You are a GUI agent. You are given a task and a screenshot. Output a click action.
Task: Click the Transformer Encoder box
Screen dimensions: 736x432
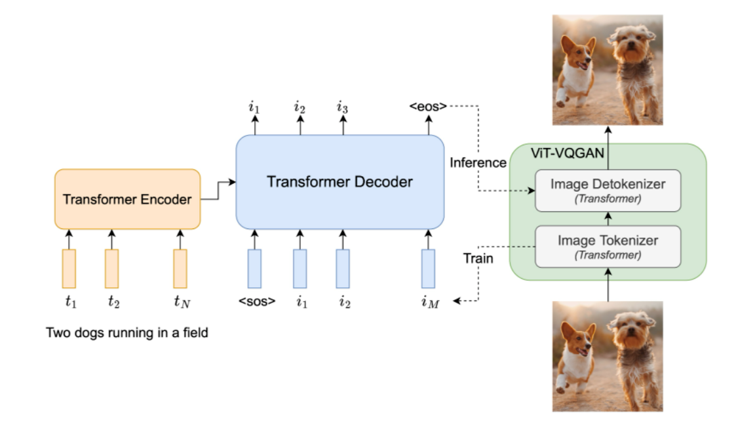tap(128, 199)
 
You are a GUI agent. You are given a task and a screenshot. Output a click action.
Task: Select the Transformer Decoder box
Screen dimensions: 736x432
tap(340, 182)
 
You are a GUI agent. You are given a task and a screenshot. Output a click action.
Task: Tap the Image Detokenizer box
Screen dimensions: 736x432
tap(608, 190)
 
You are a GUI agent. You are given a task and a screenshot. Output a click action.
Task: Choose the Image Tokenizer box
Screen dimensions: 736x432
tap(608, 247)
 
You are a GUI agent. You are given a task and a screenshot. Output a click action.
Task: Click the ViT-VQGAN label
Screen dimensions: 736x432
tap(567, 153)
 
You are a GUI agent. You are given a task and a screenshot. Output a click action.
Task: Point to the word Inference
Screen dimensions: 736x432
tap(478, 162)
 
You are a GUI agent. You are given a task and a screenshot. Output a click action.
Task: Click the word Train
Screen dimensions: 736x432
tap(478, 258)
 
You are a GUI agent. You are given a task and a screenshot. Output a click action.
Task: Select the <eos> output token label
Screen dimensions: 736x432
tap(427, 107)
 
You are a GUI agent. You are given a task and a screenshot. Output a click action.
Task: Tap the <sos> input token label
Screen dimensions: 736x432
tap(257, 301)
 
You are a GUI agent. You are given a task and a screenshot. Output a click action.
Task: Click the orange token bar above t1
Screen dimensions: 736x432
tap(69, 268)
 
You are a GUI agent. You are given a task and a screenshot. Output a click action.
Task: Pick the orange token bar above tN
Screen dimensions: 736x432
tap(180, 268)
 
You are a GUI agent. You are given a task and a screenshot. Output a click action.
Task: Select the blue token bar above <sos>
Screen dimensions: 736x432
tap(254, 268)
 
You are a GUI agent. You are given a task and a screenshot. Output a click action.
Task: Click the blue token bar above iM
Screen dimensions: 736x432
tap(428, 268)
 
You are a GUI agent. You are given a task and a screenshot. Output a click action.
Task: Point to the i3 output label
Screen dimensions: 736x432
tap(342, 107)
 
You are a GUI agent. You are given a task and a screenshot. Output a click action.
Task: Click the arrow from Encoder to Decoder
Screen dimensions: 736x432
tap(218, 190)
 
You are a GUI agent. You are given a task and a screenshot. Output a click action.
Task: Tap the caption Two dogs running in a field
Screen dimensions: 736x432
tap(127, 333)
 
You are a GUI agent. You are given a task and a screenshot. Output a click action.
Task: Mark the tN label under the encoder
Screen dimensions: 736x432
tap(182, 301)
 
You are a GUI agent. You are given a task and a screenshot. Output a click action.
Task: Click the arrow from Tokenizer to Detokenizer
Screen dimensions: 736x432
tap(608, 219)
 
